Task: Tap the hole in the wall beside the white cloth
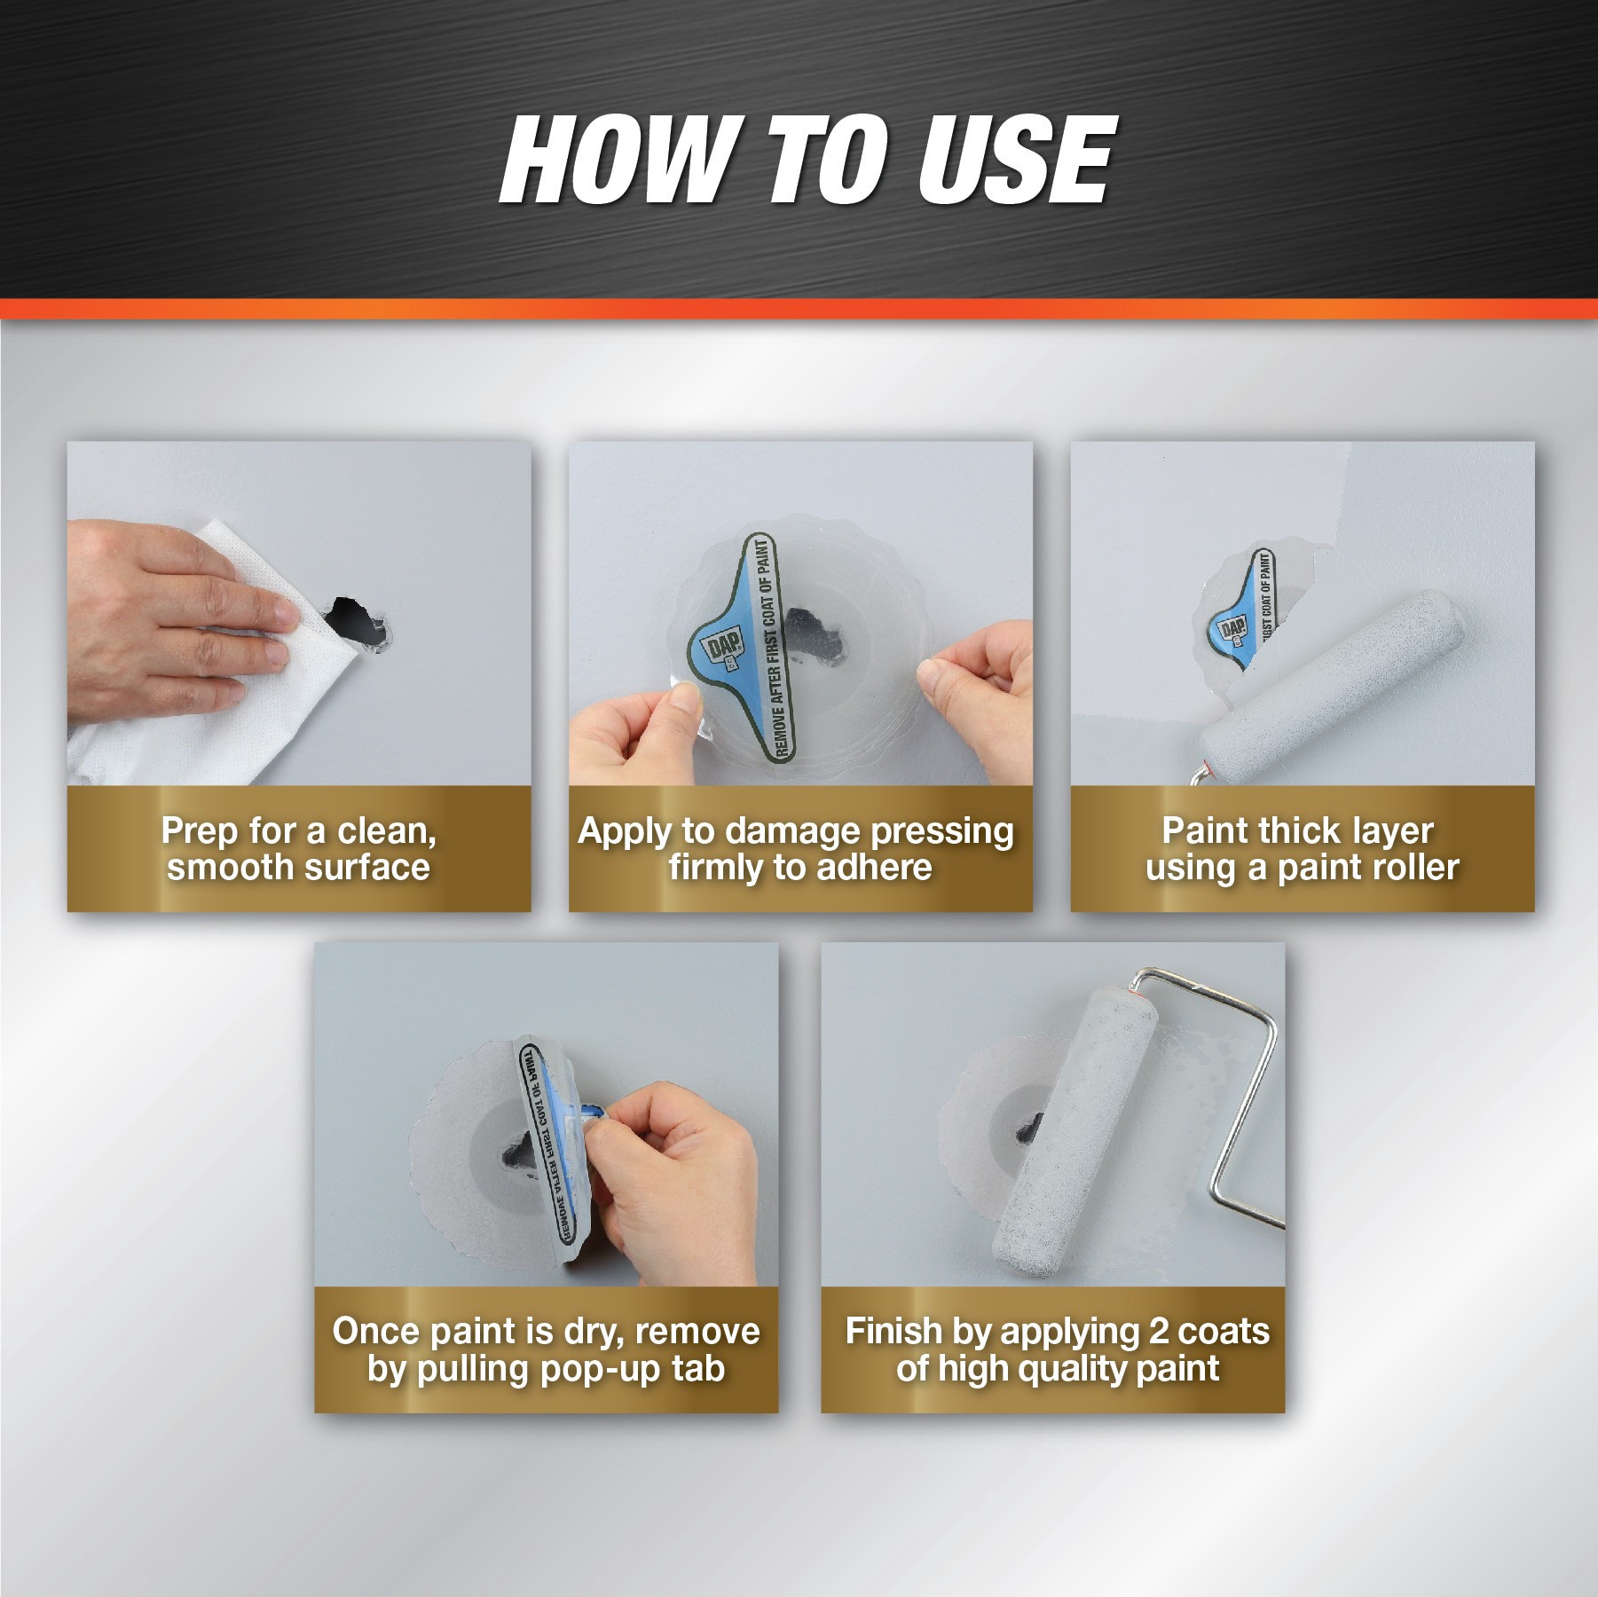352,619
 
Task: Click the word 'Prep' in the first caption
200,831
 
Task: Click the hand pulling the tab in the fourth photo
674,1171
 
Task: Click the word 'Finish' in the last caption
893,1331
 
